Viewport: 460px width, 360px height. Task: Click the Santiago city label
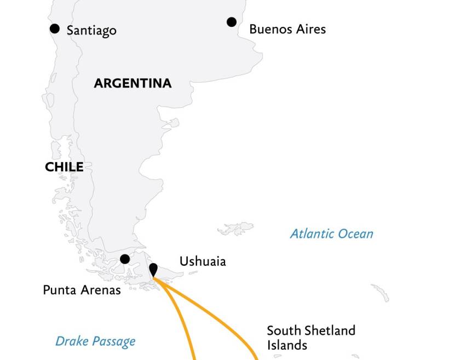click(x=91, y=31)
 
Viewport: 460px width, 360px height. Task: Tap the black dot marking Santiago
click(x=55, y=28)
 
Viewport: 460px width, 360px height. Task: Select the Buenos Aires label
click(x=287, y=29)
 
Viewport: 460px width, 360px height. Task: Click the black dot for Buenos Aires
click(x=232, y=22)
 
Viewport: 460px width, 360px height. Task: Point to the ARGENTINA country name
click(x=133, y=84)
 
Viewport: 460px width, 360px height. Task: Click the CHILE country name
click(x=64, y=167)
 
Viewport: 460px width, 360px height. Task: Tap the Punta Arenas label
click(x=82, y=290)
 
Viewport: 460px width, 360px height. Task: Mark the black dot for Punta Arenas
click(x=125, y=259)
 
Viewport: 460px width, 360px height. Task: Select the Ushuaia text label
click(x=202, y=262)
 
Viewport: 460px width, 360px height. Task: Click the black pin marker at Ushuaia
click(x=154, y=269)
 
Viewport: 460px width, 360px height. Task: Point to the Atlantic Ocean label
click(x=331, y=234)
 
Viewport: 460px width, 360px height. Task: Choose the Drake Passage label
click(x=95, y=342)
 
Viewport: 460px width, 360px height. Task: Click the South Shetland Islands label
click(x=311, y=338)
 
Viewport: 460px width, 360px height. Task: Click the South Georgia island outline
click(x=380, y=292)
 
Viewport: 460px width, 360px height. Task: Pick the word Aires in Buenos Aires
click(x=308, y=29)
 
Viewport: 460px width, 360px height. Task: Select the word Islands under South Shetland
click(x=287, y=345)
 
